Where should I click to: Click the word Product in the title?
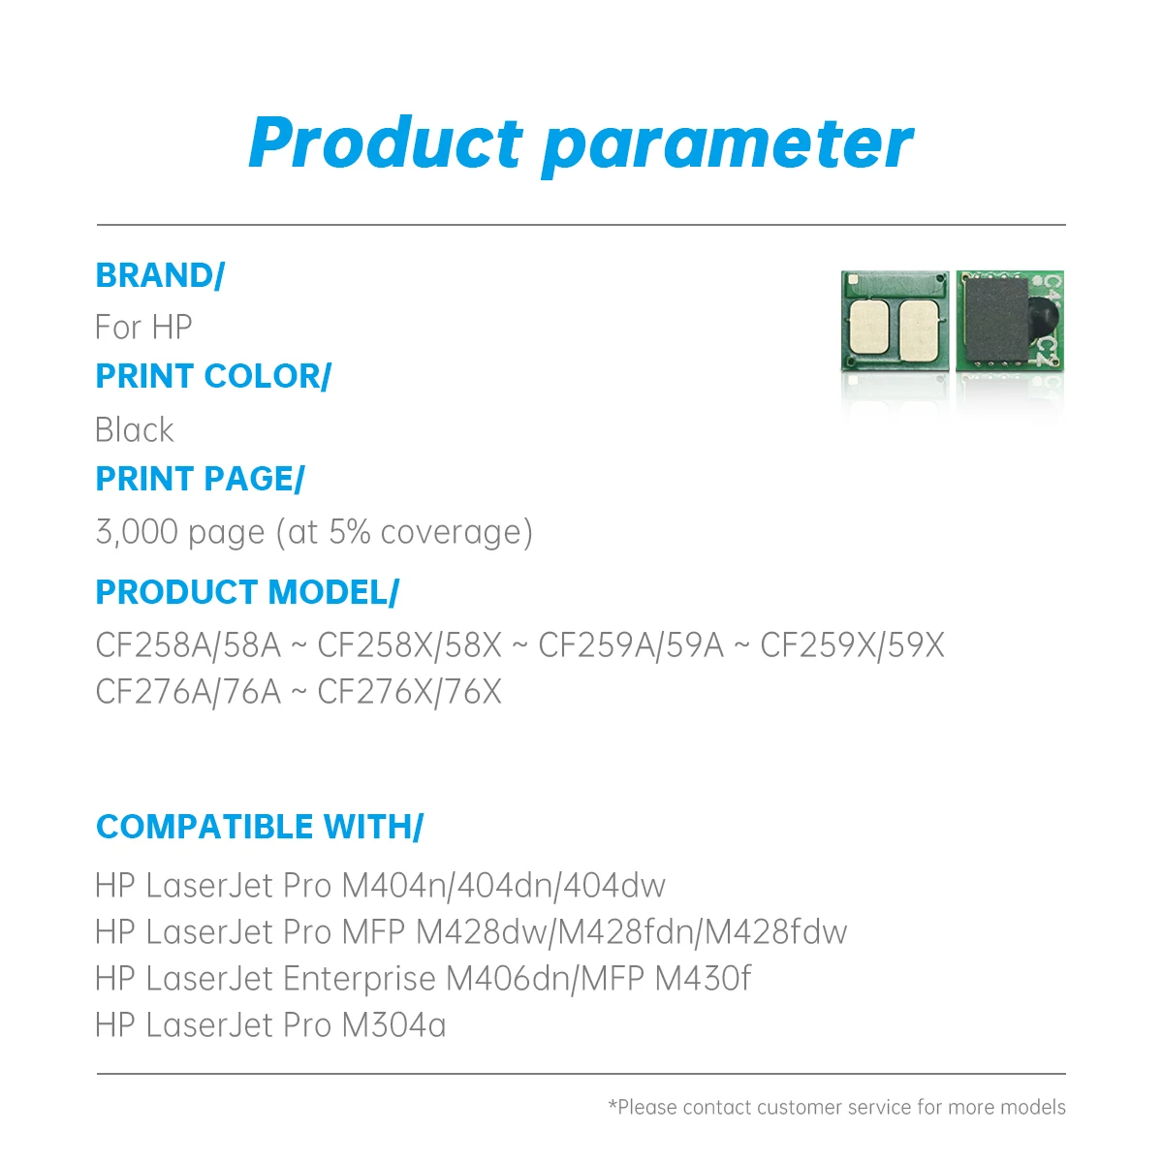pos(385,143)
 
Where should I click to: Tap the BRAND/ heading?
pos(160,276)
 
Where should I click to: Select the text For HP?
pos(143,328)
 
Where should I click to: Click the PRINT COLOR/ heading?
pos(213,376)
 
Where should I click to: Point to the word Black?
pos(135,429)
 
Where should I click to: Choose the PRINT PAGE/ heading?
pos(200,479)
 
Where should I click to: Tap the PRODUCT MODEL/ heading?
pos(247,592)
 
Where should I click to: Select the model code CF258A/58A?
pos(188,645)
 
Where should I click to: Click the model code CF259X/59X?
pos(852,645)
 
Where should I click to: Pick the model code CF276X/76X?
pos(409,692)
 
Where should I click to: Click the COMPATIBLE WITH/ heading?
pos(260,827)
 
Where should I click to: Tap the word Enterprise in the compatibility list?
pos(359,979)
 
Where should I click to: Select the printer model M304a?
pos(393,1025)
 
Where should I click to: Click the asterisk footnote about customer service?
pos(836,1107)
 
